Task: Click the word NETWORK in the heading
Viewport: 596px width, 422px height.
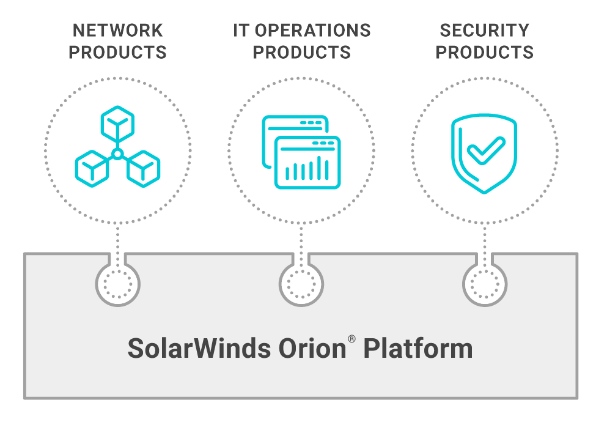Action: pos(118,31)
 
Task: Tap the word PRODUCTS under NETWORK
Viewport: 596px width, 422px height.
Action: pos(118,52)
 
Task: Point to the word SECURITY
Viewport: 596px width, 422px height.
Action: pos(484,31)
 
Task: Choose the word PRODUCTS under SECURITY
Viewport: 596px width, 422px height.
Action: pos(484,52)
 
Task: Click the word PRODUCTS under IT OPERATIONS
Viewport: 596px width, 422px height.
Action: pos(301,52)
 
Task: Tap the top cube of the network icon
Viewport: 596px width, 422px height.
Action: pos(117,122)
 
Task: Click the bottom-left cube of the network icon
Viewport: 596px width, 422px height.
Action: pos(92,166)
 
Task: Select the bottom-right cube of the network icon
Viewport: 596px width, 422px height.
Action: pos(143,166)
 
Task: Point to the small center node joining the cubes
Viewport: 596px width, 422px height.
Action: pos(117,153)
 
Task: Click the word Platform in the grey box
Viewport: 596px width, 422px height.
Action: pos(418,349)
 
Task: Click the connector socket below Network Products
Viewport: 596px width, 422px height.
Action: pos(118,284)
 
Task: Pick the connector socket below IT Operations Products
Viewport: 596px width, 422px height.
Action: pos(301,284)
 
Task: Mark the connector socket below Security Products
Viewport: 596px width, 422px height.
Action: pos(485,284)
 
